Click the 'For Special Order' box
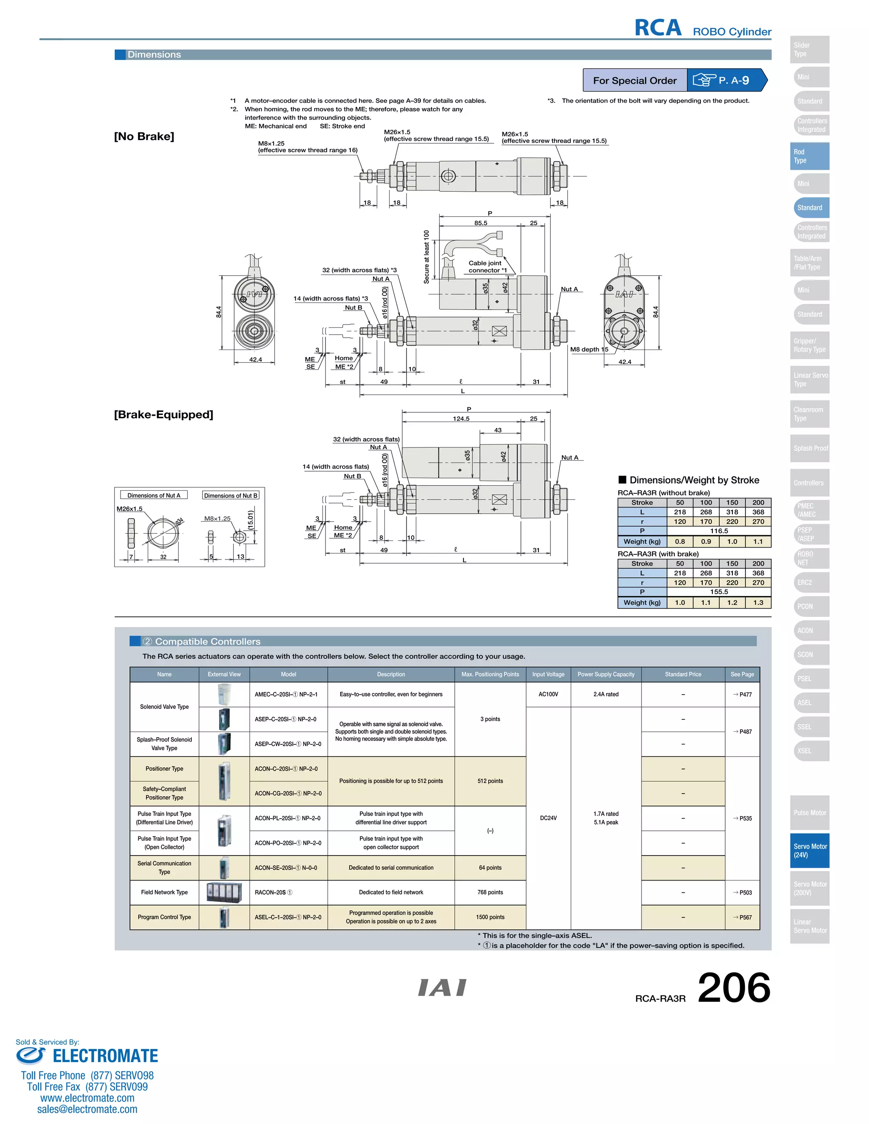click(634, 80)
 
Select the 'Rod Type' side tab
click(809, 156)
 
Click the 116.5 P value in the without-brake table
click(719, 531)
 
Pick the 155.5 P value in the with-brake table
click(719, 592)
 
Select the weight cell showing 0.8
click(680, 541)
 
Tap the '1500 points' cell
click(490, 917)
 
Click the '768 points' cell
click(490, 892)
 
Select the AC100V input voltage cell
click(548, 694)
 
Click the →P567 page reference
click(743, 917)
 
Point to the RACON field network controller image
click(224, 892)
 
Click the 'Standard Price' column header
click(683, 674)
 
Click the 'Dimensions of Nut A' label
click(154, 495)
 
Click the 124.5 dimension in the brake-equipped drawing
click(461, 418)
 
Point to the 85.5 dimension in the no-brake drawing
click(480, 223)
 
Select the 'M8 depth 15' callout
click(589, 350)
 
